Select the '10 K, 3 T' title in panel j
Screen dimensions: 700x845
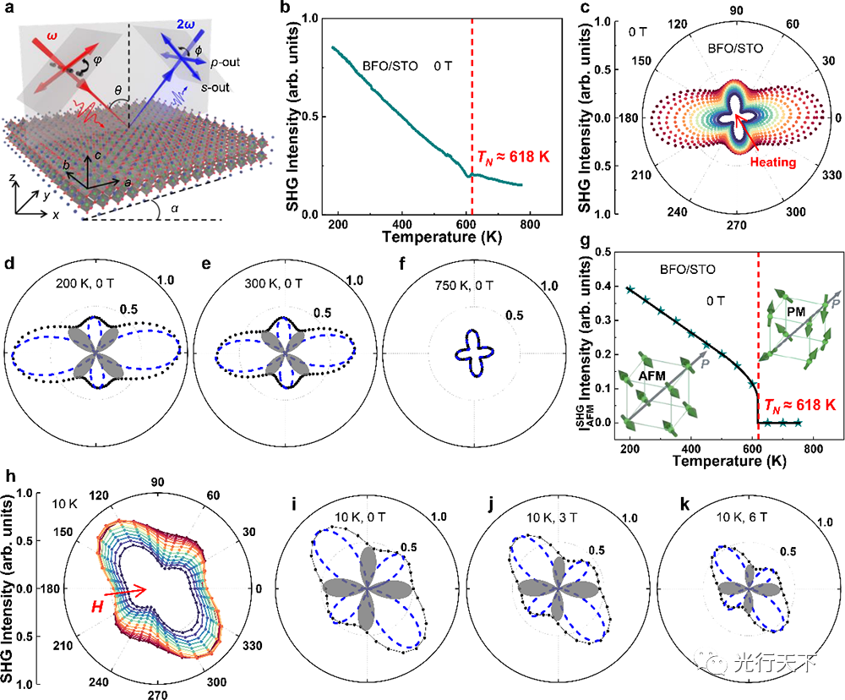525,517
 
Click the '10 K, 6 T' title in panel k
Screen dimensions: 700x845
717,517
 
